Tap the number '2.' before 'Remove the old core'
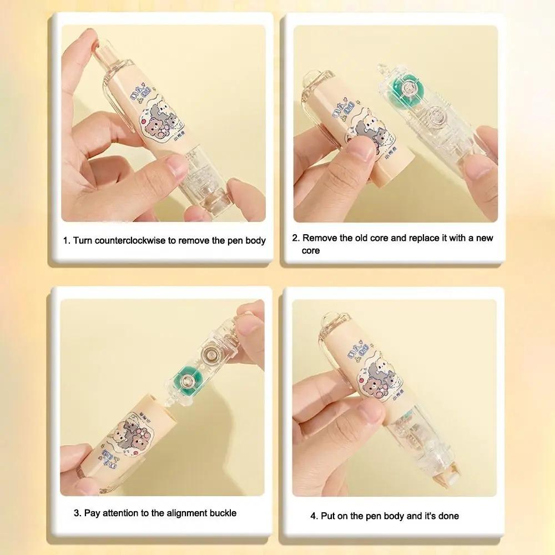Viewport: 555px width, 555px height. [297, 238]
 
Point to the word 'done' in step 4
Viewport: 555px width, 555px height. [447, 516]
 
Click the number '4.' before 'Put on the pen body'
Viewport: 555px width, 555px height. [314, 516]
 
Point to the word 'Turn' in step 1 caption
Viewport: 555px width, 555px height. [83, 240]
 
